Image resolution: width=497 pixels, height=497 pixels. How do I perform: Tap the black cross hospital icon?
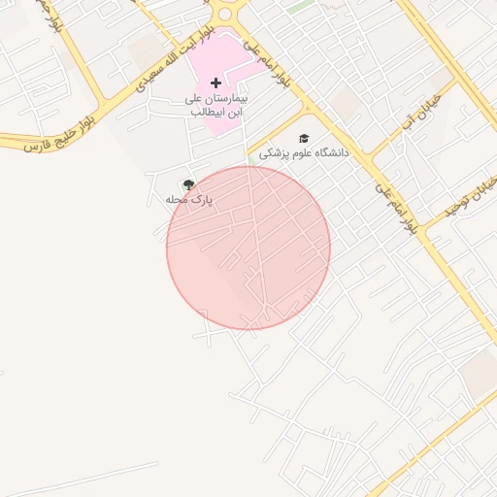215,83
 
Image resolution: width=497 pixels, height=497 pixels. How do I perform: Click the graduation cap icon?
304,139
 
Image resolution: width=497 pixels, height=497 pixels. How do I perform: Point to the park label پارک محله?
188,199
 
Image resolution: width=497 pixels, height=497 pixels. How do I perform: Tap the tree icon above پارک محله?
188,184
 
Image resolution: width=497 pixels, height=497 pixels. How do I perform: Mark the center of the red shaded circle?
248,248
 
